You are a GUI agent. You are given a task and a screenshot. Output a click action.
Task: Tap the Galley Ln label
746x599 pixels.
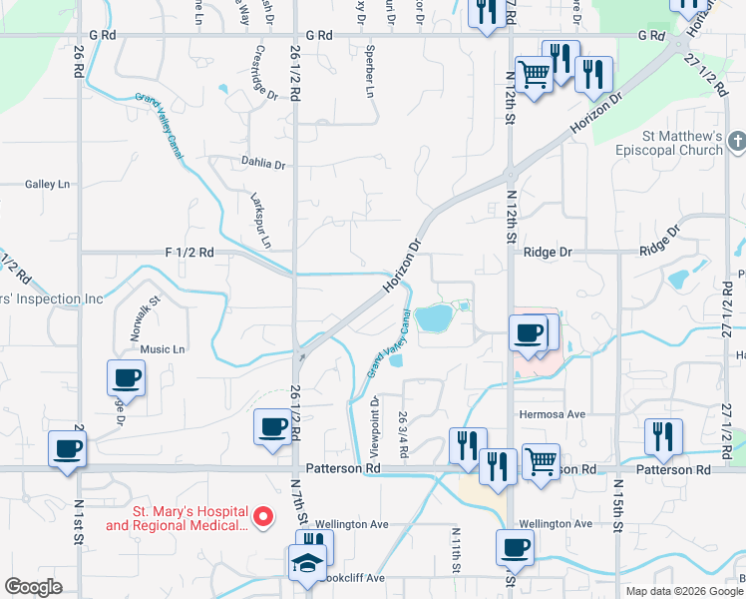[x=48, y=184]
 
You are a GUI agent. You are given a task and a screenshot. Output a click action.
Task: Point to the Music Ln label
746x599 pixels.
[x=163, y=349]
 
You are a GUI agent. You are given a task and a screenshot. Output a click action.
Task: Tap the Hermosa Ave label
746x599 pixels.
[x=552, y=413]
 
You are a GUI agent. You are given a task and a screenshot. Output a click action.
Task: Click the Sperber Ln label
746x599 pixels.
[x=370, y=70]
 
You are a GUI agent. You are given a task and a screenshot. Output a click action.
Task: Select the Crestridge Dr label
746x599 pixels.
[x=265, y=73]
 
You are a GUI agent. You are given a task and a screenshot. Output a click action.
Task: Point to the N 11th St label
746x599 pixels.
[x=456, y=550]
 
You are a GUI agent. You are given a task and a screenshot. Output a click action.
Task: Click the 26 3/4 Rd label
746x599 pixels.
[x=403, y=433]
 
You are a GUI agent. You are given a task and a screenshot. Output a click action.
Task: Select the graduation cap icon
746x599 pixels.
[x=308, y=563]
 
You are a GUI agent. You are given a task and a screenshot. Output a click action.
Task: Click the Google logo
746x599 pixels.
[x=33, y=587]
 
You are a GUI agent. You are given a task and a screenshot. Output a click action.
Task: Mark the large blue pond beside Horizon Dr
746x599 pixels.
[x=434, y=319]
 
